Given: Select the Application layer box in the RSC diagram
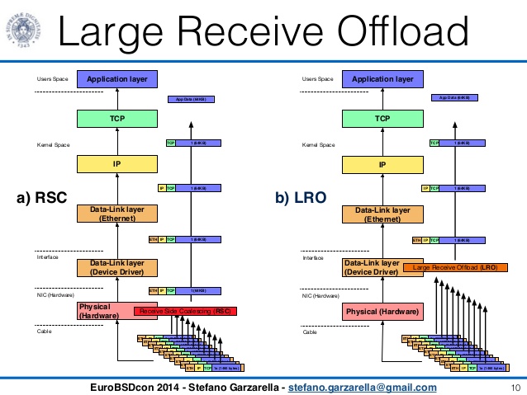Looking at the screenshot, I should (117, 79).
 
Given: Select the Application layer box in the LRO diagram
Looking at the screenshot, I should (382, 79).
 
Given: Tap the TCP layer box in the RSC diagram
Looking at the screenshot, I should (117, 119).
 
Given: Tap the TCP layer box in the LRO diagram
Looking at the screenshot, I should (382, 119).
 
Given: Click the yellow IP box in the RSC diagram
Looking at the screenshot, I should (117, 165).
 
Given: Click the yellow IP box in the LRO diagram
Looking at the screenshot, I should (382, 165).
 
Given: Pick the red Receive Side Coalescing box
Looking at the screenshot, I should (188, 311).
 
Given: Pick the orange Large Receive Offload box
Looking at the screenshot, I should (454, 267).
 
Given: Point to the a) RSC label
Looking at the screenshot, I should (41, 197).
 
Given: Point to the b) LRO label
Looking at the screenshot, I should (301, 197).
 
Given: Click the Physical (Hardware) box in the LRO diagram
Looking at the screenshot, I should (382, 312).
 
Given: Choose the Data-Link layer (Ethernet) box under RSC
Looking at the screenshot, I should (117, 214).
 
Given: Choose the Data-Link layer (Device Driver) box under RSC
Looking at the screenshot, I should (117, 267).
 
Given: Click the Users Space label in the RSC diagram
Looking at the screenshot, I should (51, 79).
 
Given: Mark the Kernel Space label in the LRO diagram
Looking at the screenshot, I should (319, 144).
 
